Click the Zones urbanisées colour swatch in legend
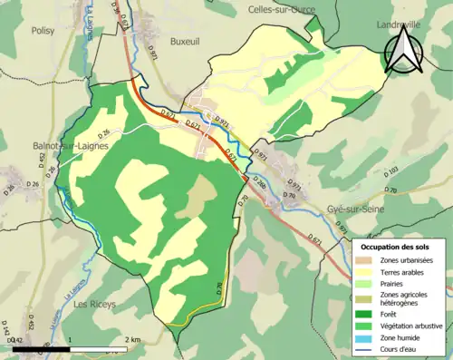(367, 261)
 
